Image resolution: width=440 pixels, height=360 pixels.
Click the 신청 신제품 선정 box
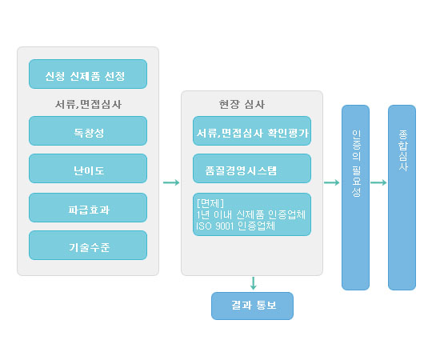pos(88,74)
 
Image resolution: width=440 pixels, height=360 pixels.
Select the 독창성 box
pos(88,130)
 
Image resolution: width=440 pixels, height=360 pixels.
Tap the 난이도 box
pos(88,168)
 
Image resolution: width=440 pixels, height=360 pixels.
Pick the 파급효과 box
pos(88,208)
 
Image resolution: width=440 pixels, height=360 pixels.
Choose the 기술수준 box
pos(88,246)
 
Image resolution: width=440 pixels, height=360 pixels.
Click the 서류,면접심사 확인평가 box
pos(252,130)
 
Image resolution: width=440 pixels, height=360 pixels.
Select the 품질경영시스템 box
pos(252,168)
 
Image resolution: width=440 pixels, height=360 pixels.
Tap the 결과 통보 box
pos(252,306)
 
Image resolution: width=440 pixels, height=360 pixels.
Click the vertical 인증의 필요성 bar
pos(355,198)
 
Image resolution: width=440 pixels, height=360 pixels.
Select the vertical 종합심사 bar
pos(402,198)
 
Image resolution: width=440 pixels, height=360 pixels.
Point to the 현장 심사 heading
pos(242,104)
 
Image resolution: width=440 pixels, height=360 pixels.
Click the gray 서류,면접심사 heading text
pos(88,104)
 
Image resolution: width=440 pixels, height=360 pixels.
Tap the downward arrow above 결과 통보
pos(253,283)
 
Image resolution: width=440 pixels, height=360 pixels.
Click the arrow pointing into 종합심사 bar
pos(378,182)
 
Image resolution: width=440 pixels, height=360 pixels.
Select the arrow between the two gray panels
pos(171,182)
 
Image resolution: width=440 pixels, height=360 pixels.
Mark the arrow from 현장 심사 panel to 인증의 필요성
pos(332,182)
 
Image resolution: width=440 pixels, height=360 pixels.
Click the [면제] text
pos(210,203)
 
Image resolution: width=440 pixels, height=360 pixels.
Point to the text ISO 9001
pos(214,226)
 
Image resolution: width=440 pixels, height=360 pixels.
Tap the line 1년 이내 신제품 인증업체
pos(251,214)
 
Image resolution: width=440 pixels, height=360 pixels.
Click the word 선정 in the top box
pos(114,76)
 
